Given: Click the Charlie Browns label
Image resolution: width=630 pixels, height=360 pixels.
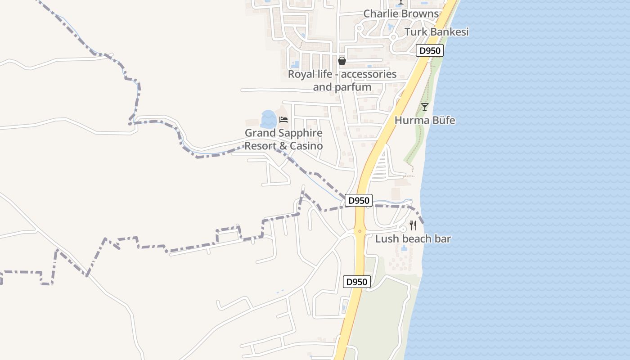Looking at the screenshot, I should (x=400, y=14).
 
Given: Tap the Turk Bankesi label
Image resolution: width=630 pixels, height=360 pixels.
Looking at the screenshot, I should (x=436, y=32).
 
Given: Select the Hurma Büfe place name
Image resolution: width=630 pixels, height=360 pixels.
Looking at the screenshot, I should (x=425, y=121).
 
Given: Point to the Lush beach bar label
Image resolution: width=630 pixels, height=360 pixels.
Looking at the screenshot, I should (x=413, y=239).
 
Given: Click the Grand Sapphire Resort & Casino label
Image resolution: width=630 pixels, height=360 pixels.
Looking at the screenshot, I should (x=283, y=139).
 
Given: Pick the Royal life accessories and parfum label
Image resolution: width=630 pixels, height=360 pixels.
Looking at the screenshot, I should (x=342, y=80).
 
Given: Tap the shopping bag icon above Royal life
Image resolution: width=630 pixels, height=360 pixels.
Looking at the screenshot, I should (x=342, y=61).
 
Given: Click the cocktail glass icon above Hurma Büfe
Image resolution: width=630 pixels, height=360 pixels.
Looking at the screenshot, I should (x=424, y=107).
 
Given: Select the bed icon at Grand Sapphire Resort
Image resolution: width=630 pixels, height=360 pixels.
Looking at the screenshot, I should (x=283, y=120).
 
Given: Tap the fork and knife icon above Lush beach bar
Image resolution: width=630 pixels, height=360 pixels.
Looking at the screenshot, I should (x=413, y=225).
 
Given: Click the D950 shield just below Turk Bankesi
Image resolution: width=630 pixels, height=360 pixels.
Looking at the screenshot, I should (x=429, y=51).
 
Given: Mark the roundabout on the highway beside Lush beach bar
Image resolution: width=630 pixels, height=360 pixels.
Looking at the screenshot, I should (x=360, y=231).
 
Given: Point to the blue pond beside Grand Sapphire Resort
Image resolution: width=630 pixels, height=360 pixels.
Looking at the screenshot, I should (x=268, y=119).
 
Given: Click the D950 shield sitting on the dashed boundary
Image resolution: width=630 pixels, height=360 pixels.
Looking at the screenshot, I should (x=359, y=201).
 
